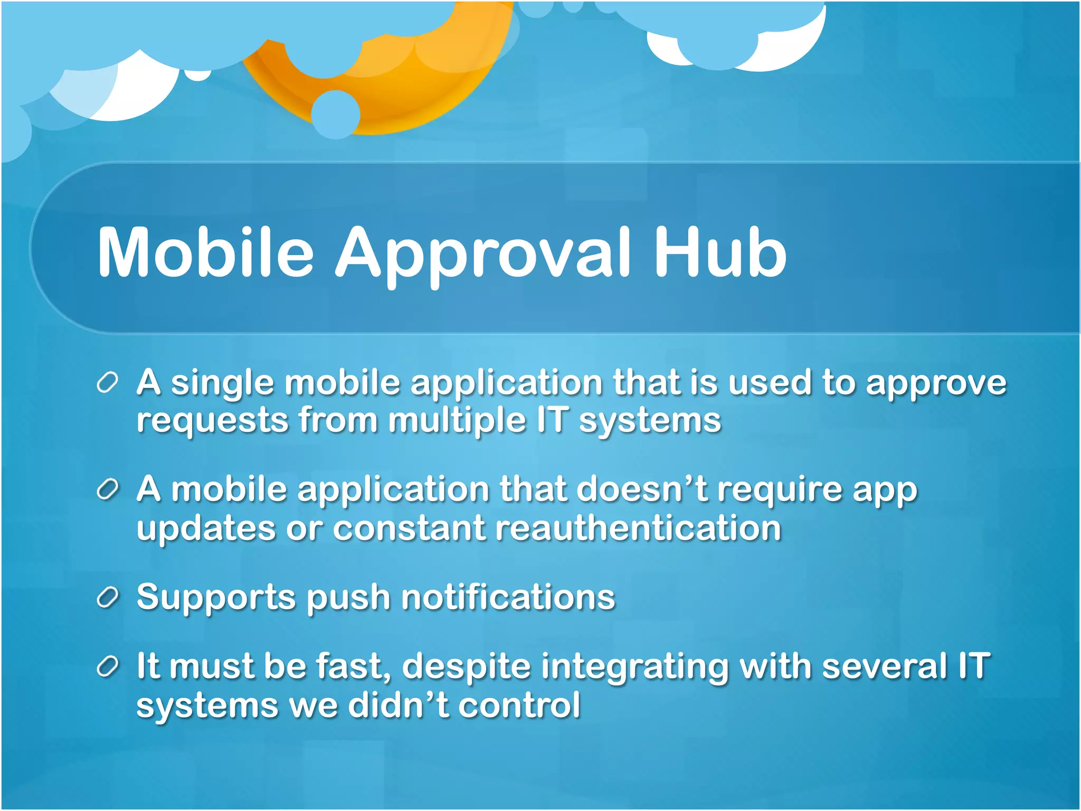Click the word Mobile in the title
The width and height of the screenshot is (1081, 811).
pos(206,252)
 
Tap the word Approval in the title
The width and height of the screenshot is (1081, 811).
pos(483,253)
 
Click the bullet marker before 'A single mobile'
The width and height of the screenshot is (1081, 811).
pos(107,383)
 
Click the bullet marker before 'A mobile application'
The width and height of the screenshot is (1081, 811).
pos(107,490)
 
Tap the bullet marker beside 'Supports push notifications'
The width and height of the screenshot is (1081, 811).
pos(107,598)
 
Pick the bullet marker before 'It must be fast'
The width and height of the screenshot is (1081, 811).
pos(107,667)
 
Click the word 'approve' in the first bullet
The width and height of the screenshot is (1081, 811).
pos(936,384)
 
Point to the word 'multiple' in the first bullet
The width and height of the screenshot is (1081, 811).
pos(457,421)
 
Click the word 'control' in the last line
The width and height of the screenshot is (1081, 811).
pos(519,705)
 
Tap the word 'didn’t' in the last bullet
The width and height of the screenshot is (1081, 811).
pos(399,704)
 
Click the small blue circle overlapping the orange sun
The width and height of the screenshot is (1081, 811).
pos(335,114)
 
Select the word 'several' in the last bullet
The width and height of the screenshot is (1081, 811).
pos(885,666)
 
